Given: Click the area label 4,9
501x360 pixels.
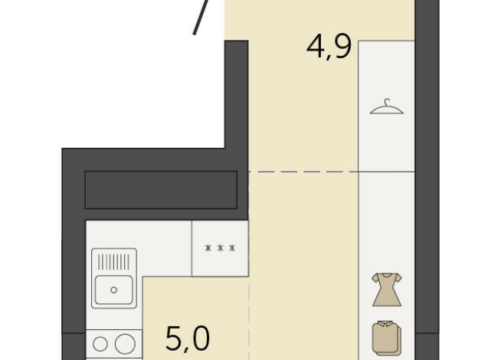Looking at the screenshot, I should coord(329,47).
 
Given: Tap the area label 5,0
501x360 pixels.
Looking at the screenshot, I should coord(188,338).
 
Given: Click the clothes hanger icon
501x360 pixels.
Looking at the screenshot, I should coord(386,107).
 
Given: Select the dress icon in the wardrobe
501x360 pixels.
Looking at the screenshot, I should coord(386,289).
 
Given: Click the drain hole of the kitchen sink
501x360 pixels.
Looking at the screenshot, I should coord(114,290).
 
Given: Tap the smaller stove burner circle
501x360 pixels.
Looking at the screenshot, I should coord(100,342).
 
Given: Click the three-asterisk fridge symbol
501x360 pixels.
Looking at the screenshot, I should coord(220,249).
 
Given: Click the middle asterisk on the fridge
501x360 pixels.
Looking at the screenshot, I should coord(220,249).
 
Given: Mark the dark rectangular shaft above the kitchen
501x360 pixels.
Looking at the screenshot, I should coord(161,189).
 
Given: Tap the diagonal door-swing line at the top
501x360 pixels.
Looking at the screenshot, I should coord(201,17).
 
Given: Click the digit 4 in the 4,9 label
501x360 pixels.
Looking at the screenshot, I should coord(315,47).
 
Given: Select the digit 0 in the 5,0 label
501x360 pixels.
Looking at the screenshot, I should coord(200,338).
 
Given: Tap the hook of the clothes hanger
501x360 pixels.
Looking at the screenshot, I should coord(387,100).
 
